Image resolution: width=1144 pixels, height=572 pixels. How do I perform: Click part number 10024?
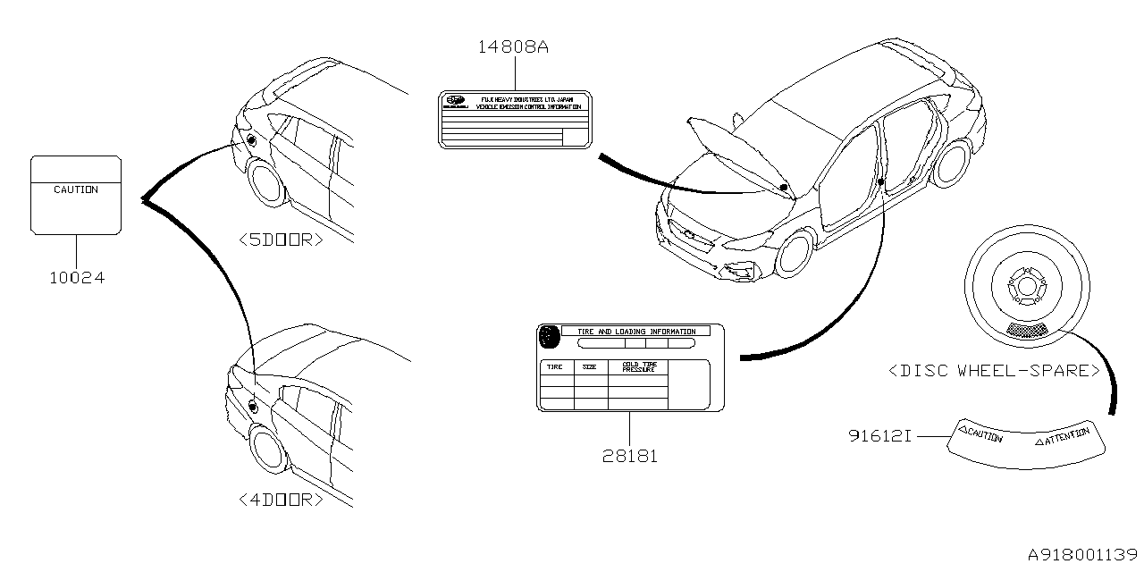pyautogui.click(x=76, y=278)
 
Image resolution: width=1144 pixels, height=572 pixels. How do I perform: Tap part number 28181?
pyautogui.click(x=629, y=456)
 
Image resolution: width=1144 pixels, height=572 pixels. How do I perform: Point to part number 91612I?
pyautogui.click(x=879, y=437)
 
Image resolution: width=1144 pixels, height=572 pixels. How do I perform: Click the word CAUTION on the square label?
pyautogui.click(x=76, y=190)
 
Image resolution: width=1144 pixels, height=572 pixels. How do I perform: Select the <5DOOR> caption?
pyautogui.click(x=282, y=240)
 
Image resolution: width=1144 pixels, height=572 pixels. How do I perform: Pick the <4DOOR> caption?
pyautogui.click(x=282, y=500)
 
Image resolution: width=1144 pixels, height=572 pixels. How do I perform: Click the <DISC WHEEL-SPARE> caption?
pyautogui.click(x=993, y=370)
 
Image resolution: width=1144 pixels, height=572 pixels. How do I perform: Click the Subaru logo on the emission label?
pyautogui.click(x=456, y=101)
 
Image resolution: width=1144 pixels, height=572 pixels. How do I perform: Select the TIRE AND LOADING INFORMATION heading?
pyautogui.click(x=635, y=332)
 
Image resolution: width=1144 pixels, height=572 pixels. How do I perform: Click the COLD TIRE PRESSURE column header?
pyautogui.click(x=639, y=366)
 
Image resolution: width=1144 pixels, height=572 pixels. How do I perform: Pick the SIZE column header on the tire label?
pyautogui.click(x=590, y=366)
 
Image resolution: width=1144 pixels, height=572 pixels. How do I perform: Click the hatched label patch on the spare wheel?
pyautogui.click(x=1026, y=330)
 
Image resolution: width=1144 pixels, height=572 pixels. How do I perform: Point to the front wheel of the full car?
pyautogui.click(x=795, y=254)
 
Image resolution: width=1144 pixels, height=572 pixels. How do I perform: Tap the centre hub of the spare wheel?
pyautogui.click(x=1024, y=287)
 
